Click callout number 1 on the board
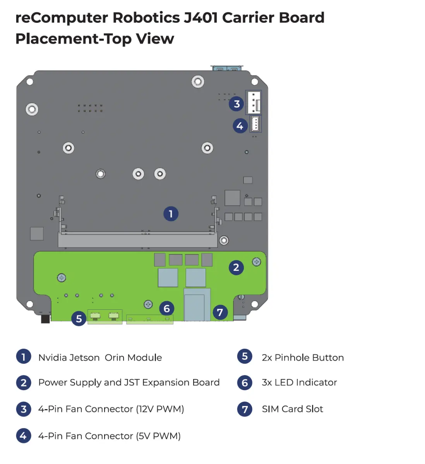coord(171,214)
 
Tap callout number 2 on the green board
coord(236,267)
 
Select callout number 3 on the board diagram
coord(236,104)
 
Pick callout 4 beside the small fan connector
coord(240,126)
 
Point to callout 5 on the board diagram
coord(79,319)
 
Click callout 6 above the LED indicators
coord(167,309)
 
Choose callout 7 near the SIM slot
coord(220,312)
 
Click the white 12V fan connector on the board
coord(254,102)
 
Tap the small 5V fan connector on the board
coord(255,124)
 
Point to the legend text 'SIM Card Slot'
coord(292,409)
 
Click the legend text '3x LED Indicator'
coord(299,382)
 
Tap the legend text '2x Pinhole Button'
coord(303,358)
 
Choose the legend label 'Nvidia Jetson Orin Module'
coord(100,358)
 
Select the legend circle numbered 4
coord(23,436)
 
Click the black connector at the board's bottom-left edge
coord(45,319)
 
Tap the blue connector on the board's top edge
coord(227,69)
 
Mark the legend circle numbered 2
coord(23,383)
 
